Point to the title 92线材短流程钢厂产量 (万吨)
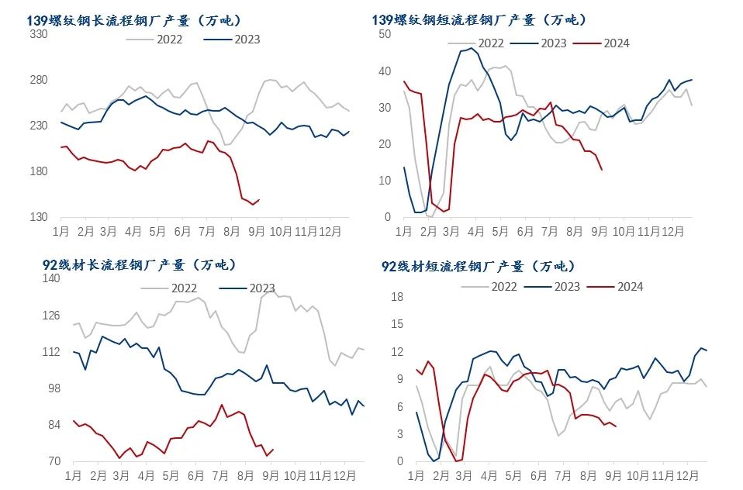point(479,266)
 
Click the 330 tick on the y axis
point(38,34)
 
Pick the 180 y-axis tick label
point(38,172)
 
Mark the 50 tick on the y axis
point(385,34)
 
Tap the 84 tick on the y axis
point(53,425)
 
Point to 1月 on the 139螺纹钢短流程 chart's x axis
point(404,231)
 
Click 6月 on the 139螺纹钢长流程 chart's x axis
point(184,231)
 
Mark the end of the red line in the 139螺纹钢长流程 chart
point(258,199)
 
